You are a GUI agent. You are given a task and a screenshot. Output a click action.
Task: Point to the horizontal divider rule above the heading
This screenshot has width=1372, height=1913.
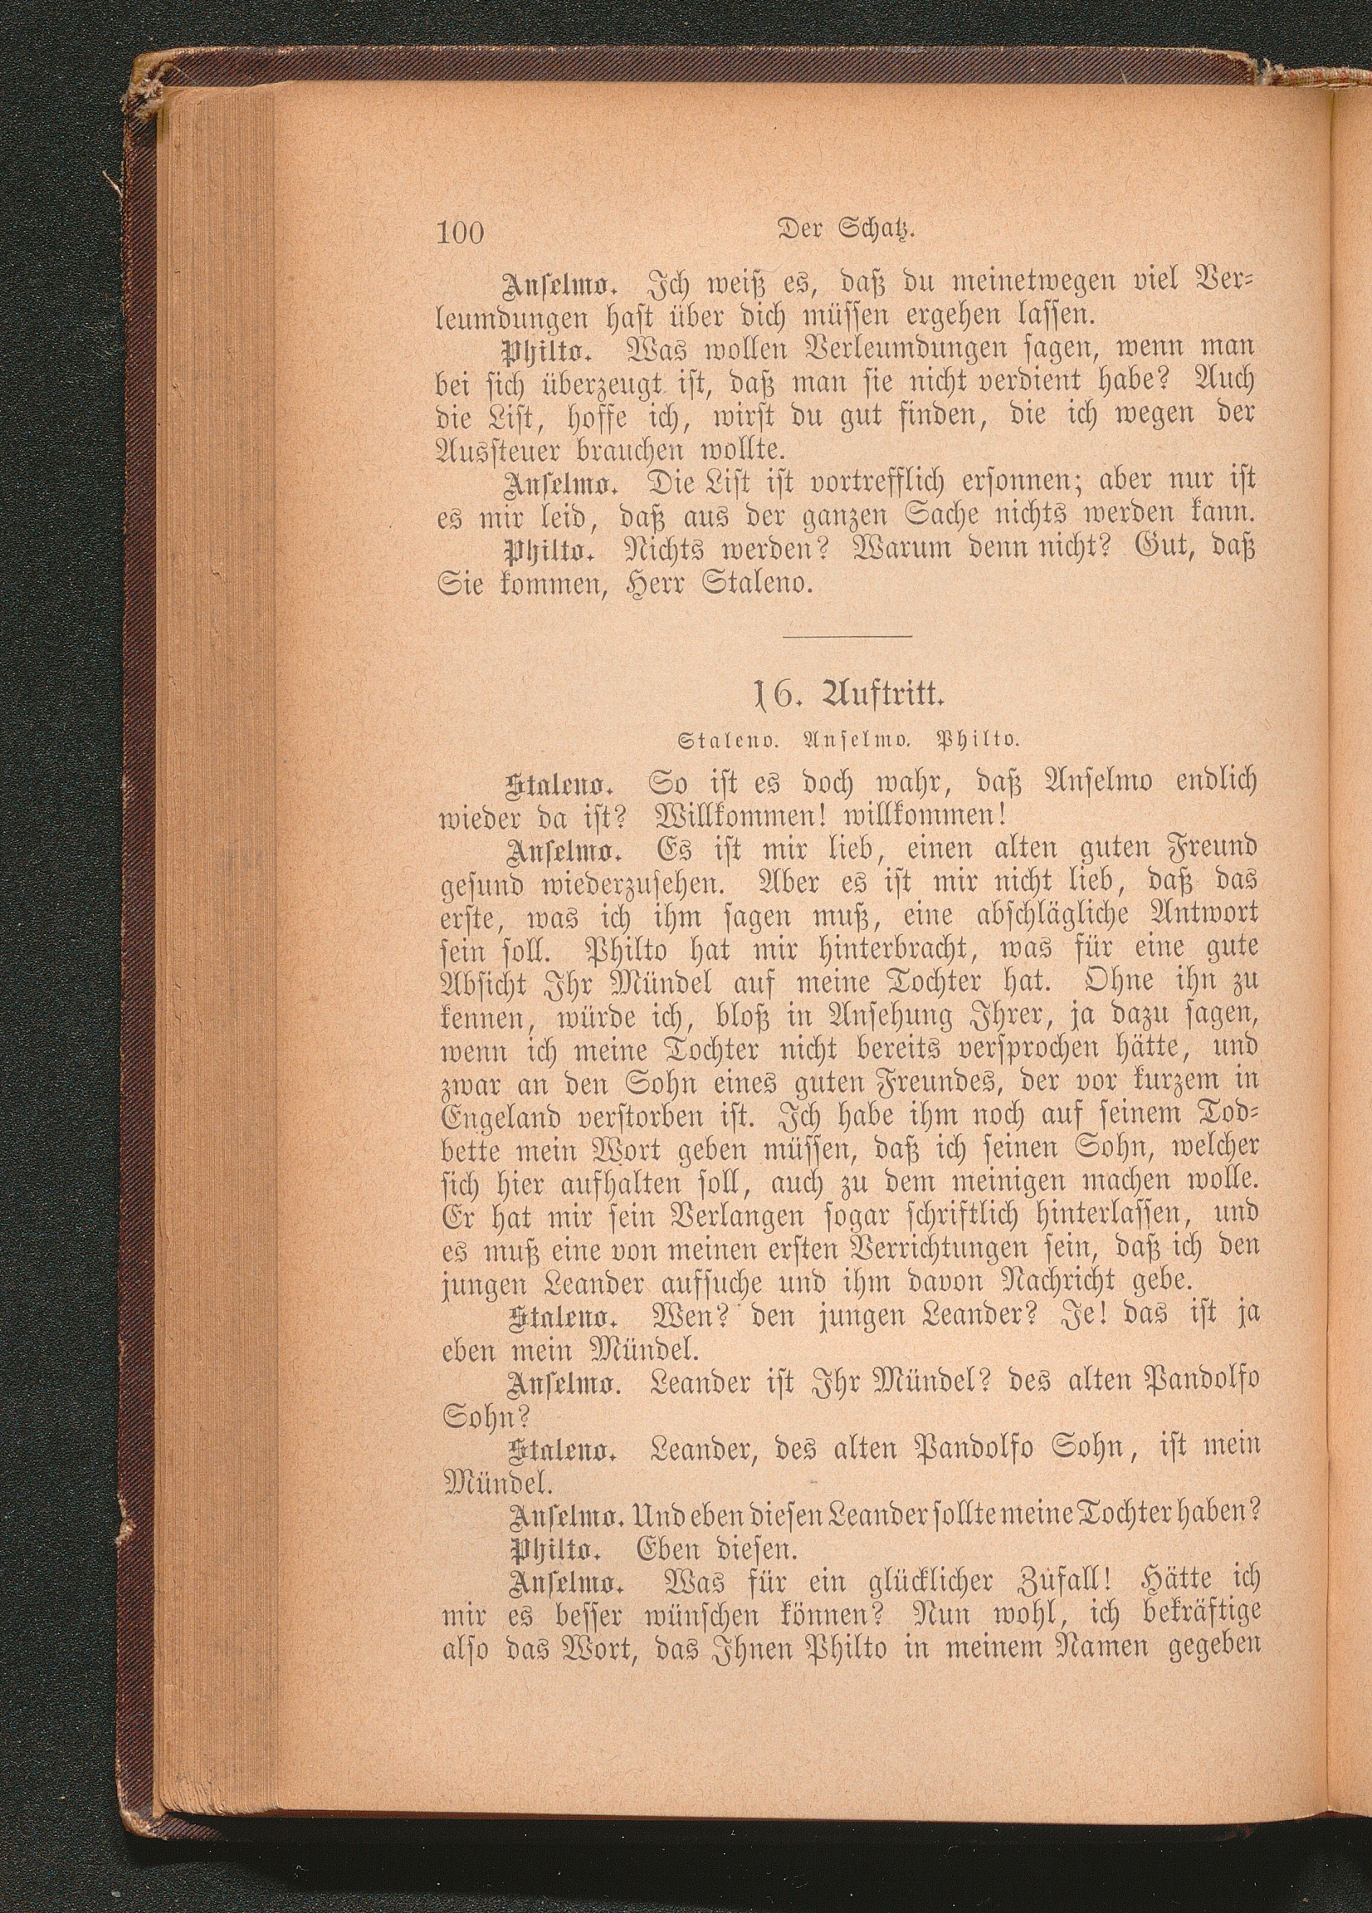(847, 636)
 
